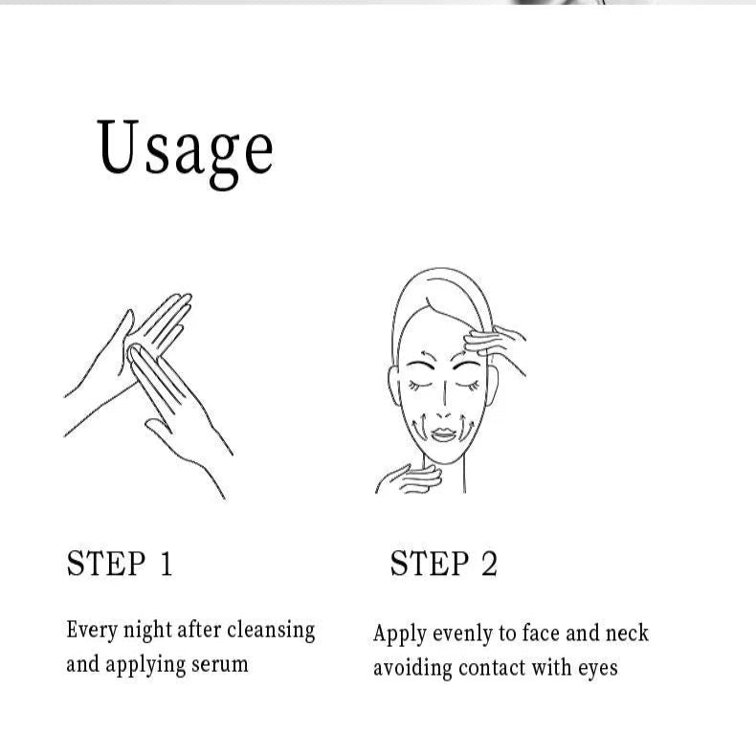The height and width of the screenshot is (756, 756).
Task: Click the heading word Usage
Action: pyautogui.click(x=186, y=152)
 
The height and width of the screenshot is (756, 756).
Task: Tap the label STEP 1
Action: pyautogui.click(x=119, y=563)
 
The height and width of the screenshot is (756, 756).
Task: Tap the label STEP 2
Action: pyautogui.click(x=444, y=563)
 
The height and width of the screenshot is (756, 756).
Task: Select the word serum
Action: pyautogui.click(x=220, y=665)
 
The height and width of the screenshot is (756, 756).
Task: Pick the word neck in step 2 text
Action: pyautogui.click(x=627, y=634)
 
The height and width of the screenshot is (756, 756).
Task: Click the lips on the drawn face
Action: pyautogui.click(x=444, y=434)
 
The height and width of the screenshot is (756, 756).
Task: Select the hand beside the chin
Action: pyautogui.click(x=409, y=478)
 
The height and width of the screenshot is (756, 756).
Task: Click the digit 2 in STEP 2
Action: pyautogui.click(x=489, y=563)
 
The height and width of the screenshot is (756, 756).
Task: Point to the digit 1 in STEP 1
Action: pyautogui.click(x=167, y=563)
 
